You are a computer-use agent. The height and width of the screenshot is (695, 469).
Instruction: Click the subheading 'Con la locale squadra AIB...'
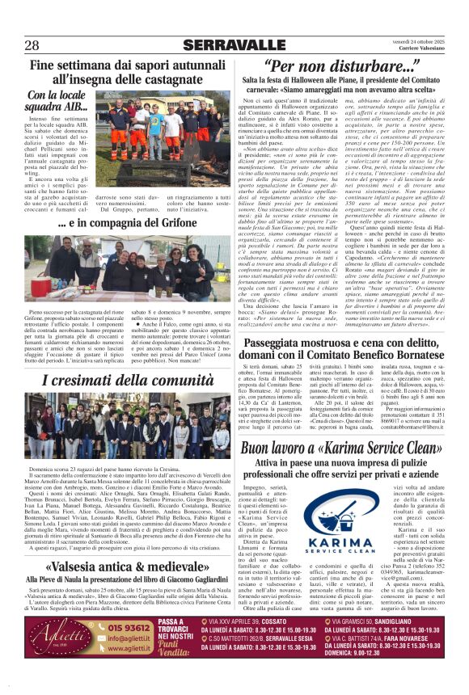coord(58,101)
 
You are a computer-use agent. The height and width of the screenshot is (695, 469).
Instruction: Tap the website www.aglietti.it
coord(131,647)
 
